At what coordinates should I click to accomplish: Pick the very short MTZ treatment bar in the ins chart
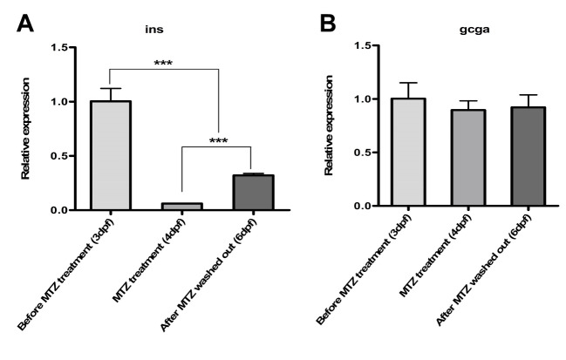(x=181, y=207)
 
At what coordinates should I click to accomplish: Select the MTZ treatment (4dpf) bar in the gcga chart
(x=468, y=158)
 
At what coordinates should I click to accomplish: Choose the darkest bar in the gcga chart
(x=539, y=157)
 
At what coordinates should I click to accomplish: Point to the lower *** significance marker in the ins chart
(x=218, y=141)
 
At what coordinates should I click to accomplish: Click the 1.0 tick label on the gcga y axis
(x=347, y=99)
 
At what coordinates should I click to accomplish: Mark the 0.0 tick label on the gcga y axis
(x=347, y=207)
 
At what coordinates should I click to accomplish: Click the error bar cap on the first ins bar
(x=110, y=88)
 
